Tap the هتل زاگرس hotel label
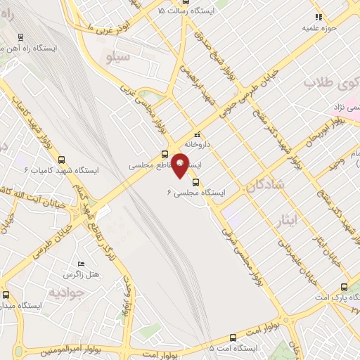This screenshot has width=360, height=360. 79,273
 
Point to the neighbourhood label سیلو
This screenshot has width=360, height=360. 116,54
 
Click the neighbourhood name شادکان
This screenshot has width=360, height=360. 265,184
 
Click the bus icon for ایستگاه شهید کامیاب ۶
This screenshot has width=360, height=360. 63,160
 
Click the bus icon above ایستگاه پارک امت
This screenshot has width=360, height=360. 343,286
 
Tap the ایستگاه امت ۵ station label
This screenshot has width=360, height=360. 234,348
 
